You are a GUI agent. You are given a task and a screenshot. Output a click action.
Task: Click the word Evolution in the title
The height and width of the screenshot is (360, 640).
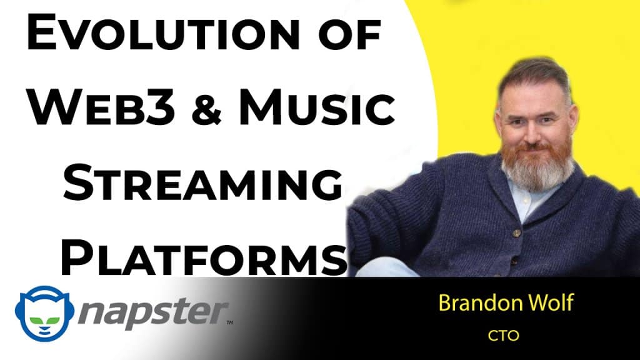pos(163,32)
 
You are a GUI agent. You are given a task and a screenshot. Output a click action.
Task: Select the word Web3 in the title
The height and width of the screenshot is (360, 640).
pos(102,107)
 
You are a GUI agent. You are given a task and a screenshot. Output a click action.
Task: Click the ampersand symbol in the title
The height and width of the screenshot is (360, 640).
pos(206,107)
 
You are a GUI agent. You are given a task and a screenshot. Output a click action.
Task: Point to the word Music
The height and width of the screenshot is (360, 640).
pos(317,107)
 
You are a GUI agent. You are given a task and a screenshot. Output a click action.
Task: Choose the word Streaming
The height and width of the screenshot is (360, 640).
pos(202,182)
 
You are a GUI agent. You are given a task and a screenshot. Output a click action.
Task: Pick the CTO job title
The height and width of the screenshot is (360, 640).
pos(503,336)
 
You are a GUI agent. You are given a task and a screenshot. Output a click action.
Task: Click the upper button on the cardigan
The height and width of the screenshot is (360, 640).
pos(517,233)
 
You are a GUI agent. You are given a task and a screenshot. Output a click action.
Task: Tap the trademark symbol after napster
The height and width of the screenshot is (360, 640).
pos(229,322)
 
